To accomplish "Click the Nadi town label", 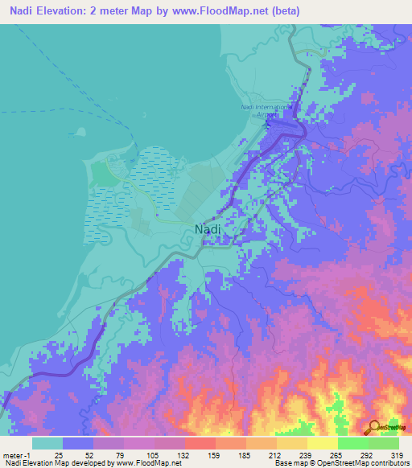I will point(208,229).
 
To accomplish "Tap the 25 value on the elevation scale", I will point(79,454).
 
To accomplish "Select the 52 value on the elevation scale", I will point(109,454).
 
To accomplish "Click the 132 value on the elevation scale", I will point(200,454).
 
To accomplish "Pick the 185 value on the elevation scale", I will point(262,454).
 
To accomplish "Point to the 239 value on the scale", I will point(322,454).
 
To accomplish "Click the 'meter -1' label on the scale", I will point(18,454).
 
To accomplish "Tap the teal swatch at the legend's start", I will point(47,442).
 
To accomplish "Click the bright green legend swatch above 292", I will point(352,442).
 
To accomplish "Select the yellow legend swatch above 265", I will point(322,442).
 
